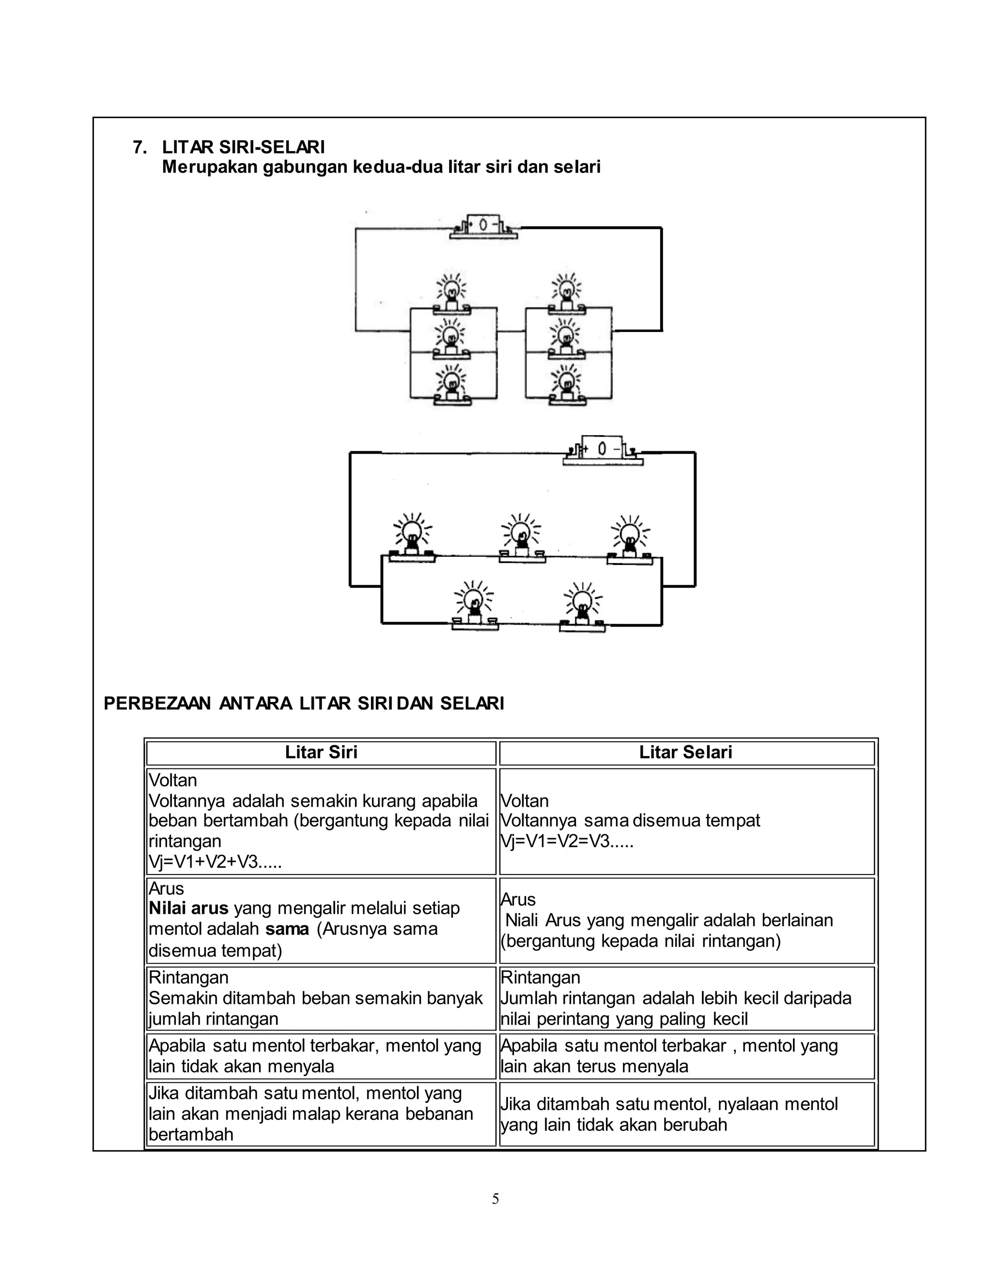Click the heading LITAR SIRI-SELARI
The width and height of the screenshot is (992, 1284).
pyautogui.click(x=243, y=147)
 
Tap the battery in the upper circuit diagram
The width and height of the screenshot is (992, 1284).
pyautogui.click(x=483, y=226)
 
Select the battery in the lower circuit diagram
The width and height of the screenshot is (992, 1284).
pyautogui.click(x=603, y=450)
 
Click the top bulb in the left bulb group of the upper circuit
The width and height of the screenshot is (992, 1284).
pyautogui.click(x=451, y=292)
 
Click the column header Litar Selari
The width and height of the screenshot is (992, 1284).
pyautogui.click(x=685, y=752)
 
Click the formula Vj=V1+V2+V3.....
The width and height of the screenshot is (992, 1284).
pyautogui.click(x=215, y=862)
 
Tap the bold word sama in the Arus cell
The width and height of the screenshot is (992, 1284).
pyautogui.click(x=287, y=929)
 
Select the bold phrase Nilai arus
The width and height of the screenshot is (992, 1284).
pyautogui.click(x=188, y=908)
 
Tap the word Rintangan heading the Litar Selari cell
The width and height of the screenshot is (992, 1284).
pyautogui.click(x=540, y=977)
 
